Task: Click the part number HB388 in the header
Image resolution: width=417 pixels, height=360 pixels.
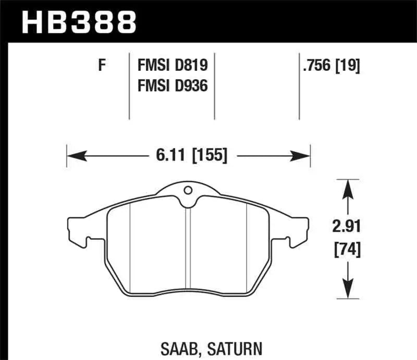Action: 78,22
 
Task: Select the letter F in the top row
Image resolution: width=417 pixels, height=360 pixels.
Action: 102,66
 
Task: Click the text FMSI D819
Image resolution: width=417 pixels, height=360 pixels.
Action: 172,66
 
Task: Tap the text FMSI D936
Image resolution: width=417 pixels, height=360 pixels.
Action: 172,85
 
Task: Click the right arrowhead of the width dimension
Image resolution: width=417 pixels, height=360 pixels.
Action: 303,155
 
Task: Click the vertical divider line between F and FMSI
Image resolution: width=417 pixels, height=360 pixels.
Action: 129,86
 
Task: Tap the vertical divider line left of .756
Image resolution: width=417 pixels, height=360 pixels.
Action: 299,86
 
